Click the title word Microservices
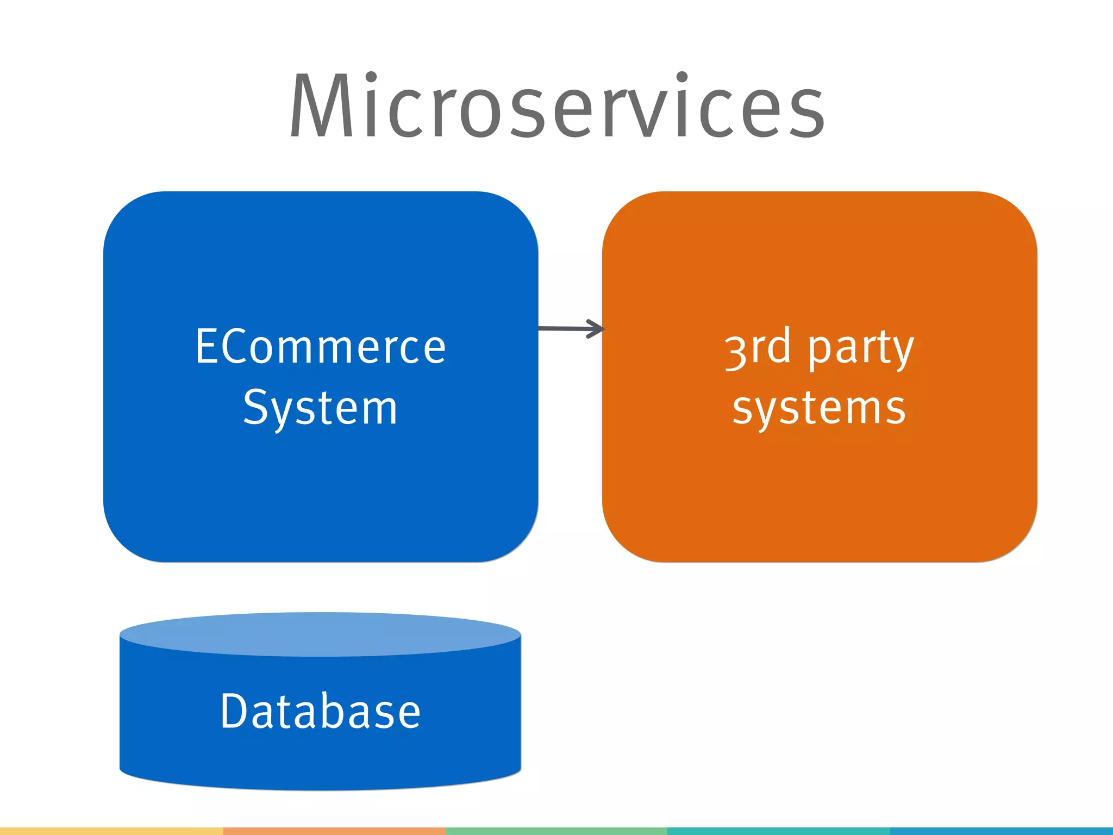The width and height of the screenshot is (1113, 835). [x=556, y=106]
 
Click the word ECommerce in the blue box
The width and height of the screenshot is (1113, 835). [x=321, y=347]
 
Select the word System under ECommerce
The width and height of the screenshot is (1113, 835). [x=321, y=408]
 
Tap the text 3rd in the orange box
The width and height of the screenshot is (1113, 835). [x=758, y=348]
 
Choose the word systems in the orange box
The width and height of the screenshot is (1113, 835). [x=819, y=408]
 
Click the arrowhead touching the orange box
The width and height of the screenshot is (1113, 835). [x=597, y=328]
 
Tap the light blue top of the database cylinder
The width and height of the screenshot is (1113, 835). [x=321, y=634]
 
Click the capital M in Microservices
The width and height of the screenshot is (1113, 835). [x=321, y=106]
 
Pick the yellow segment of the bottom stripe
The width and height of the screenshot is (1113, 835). [x=111, y=831]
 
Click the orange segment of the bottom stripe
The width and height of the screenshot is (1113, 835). [x=334, y=831]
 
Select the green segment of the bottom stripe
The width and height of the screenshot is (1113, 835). [x=556, y=831]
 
